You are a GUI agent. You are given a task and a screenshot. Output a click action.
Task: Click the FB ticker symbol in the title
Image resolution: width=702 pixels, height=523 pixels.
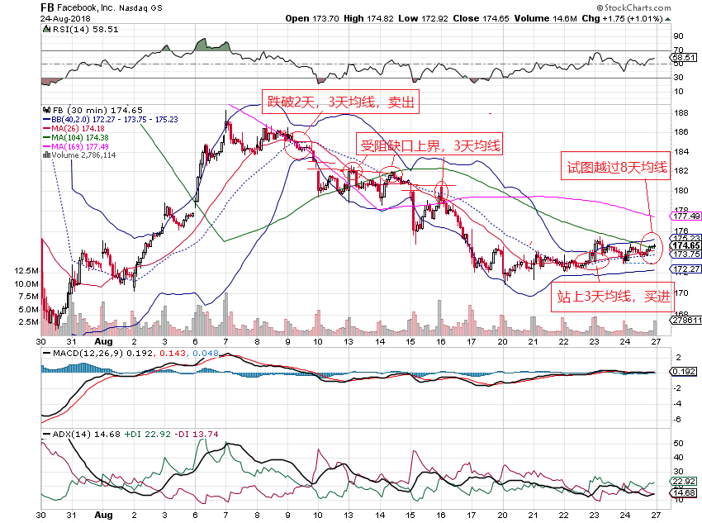pyautogui.click(x=49, y=7)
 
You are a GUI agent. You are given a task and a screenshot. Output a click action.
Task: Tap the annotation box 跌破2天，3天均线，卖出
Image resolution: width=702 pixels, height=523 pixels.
pyautogui.click(x=339, y=102)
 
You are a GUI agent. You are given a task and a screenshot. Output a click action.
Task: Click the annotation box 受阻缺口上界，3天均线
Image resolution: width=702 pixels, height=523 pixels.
pyautogui.click(x=430, y=145)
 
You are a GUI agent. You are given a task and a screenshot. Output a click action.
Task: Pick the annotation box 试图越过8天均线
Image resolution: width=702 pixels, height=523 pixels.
pyautogui.click(x=616, y=168)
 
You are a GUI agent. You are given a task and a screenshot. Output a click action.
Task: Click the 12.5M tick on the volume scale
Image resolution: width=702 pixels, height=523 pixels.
pyautogui.click(x=27, y=271)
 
